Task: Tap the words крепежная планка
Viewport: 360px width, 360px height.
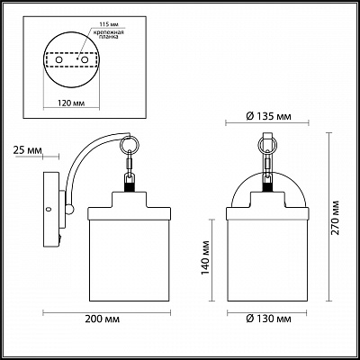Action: point(107,34)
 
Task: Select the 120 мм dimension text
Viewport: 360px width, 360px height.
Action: point(71,103)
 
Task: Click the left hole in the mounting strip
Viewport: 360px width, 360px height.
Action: point(59,59)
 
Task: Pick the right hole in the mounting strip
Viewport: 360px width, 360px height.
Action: point(85,59)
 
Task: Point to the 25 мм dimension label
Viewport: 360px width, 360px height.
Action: point(28,150)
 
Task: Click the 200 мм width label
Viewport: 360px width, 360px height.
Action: point(102,319)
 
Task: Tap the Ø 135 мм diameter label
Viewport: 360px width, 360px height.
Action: point(269,116)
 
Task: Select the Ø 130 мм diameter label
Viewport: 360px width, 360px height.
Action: point(269,319)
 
